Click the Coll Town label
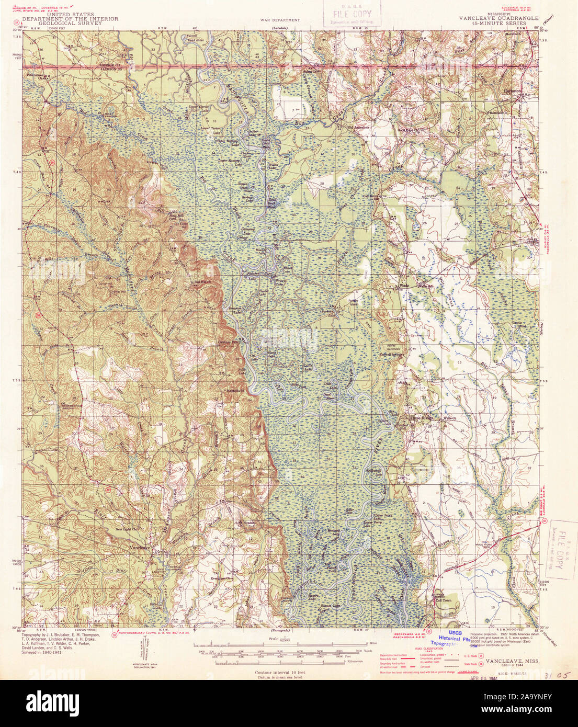[x=444, y=601]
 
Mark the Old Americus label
[x=359, y=127]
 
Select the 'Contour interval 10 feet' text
[x=280, y=672]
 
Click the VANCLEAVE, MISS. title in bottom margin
[x=512, y=661]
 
